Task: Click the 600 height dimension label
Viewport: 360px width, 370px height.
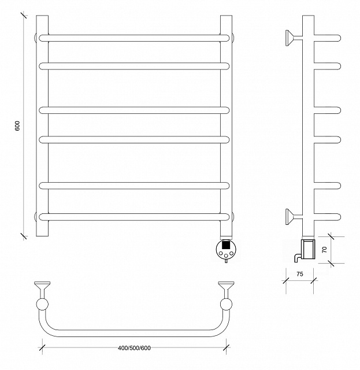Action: pos(18,126)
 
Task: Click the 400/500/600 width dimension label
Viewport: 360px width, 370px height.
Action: pos(134,348)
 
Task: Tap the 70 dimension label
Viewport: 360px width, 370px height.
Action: pos(325,250)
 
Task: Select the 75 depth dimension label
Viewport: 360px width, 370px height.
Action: pos(299,274)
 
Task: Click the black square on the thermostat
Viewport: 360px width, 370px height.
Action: pos(226,245)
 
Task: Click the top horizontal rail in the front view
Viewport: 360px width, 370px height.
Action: pos(134,38)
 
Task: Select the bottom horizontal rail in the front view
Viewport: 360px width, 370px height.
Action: pos(134,217)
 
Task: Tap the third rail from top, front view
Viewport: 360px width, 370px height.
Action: pos(134,110)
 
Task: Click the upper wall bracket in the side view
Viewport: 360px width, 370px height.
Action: pos(294,38)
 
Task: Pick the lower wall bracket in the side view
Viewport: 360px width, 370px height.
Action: pos(294,217)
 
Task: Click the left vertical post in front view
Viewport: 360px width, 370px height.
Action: pos(42,126)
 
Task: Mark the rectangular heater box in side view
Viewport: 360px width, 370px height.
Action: pos(309,249)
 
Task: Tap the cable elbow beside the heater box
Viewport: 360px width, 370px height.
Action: pos(297,257)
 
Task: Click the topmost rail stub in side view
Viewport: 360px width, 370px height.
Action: pos(328,38)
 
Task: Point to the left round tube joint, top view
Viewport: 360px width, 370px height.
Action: pos(42,305)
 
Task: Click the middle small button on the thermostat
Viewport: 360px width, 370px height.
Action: pos(227,256)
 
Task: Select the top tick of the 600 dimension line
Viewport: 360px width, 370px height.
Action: pos(24,16)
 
